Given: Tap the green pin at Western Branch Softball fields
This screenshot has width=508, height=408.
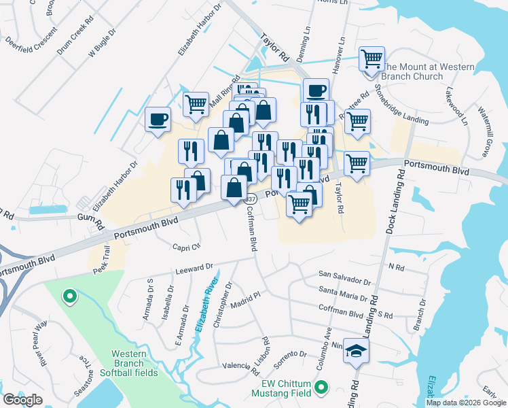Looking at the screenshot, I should point(69,296).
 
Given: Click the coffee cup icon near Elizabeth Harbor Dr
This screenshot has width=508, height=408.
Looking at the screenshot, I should point(158,120).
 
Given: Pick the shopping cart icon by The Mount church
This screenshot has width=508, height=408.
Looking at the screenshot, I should point(371,59).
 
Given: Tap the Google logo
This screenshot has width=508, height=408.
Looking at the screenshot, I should point(22,400).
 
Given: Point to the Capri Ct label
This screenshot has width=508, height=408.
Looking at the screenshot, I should point(187,247).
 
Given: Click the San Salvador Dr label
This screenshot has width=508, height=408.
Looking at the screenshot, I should point(345,278).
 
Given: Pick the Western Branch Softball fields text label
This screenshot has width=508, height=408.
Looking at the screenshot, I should point(134,363).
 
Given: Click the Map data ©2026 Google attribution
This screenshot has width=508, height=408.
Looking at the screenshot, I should point(466,402).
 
